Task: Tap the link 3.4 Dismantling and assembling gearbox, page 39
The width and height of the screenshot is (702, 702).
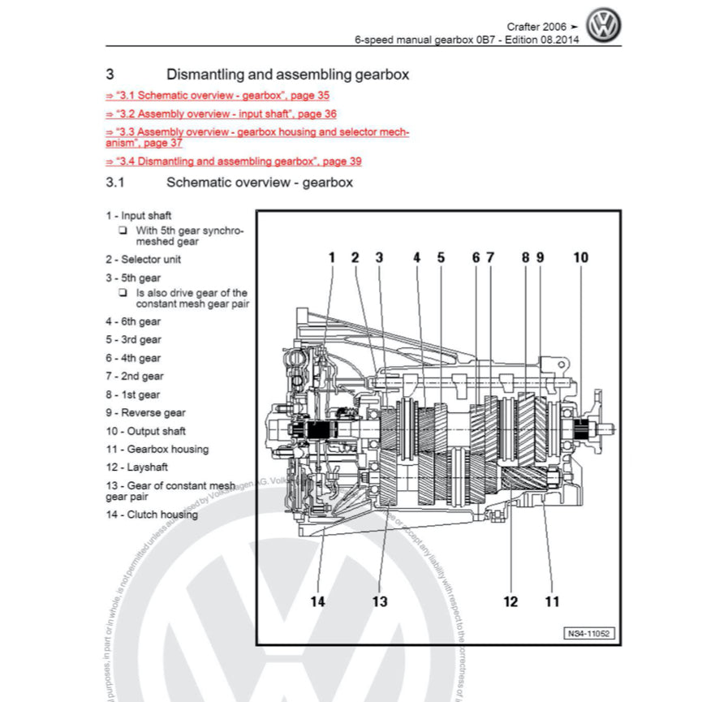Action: [x=234, y=162]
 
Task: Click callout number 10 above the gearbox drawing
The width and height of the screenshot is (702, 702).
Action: [x=581, y=258]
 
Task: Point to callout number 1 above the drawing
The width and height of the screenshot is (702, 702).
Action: [x=331, y=258]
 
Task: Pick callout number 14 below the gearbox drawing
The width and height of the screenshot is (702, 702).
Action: [x=318, y=601]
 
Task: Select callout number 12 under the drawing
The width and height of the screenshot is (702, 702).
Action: [x=510, y=601]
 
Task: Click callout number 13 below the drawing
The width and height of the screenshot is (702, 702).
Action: [x=380, y=601]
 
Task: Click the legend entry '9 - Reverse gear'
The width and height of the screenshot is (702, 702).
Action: [x=145, y=413]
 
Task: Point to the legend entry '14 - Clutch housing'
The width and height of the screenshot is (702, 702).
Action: [x=151, y=515]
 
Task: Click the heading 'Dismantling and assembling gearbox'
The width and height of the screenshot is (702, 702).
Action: [x=287, y=75]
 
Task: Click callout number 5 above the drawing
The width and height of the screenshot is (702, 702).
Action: [x=441, y=258]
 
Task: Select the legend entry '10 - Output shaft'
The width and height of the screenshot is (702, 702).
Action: [x=145, y=431]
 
